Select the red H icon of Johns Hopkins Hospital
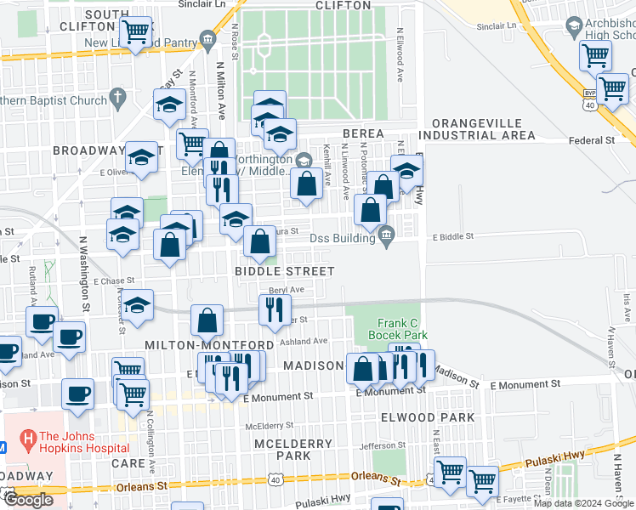tap(29, 439)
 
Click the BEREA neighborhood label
tap(365, 134)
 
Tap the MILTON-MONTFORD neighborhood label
tap(209, 345)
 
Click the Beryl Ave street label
tap(287, 290)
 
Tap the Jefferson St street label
tap(377, 445)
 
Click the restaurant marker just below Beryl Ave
tap(273, 310)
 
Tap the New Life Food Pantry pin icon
tap(207, 40)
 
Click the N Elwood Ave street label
tap(399, 56)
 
